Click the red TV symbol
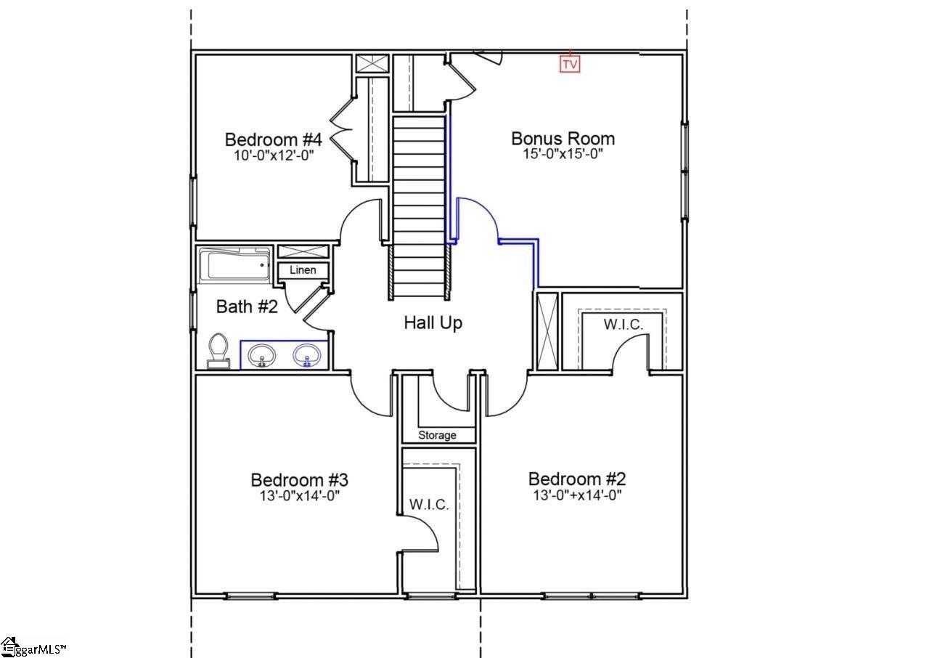[571, 64]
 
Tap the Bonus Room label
[563, 138]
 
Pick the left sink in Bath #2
[261, 356]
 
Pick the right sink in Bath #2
[306, 356]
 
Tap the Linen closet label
[303, 270]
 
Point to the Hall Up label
[433, 322]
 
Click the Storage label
[438, 435]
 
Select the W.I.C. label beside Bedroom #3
[429, 504]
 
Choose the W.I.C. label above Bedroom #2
[623, 325]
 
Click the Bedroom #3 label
[299, 480]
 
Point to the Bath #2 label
[247, 306]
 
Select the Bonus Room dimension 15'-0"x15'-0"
[563, 154]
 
